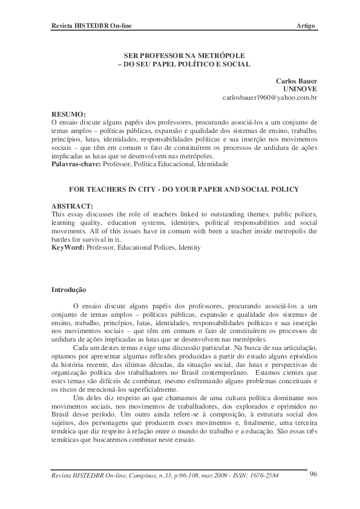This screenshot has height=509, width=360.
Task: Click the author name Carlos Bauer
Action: coord(296,80)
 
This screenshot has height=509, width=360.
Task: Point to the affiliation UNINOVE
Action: coord(300,88)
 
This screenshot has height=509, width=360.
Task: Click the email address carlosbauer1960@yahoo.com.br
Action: coord(270,97)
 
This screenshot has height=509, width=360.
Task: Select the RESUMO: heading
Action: coord(68,114)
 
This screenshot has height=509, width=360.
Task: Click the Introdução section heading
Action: coord(69,290)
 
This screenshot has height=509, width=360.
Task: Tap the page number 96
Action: coord(313,474)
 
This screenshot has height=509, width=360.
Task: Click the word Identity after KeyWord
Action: coord(188,248)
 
